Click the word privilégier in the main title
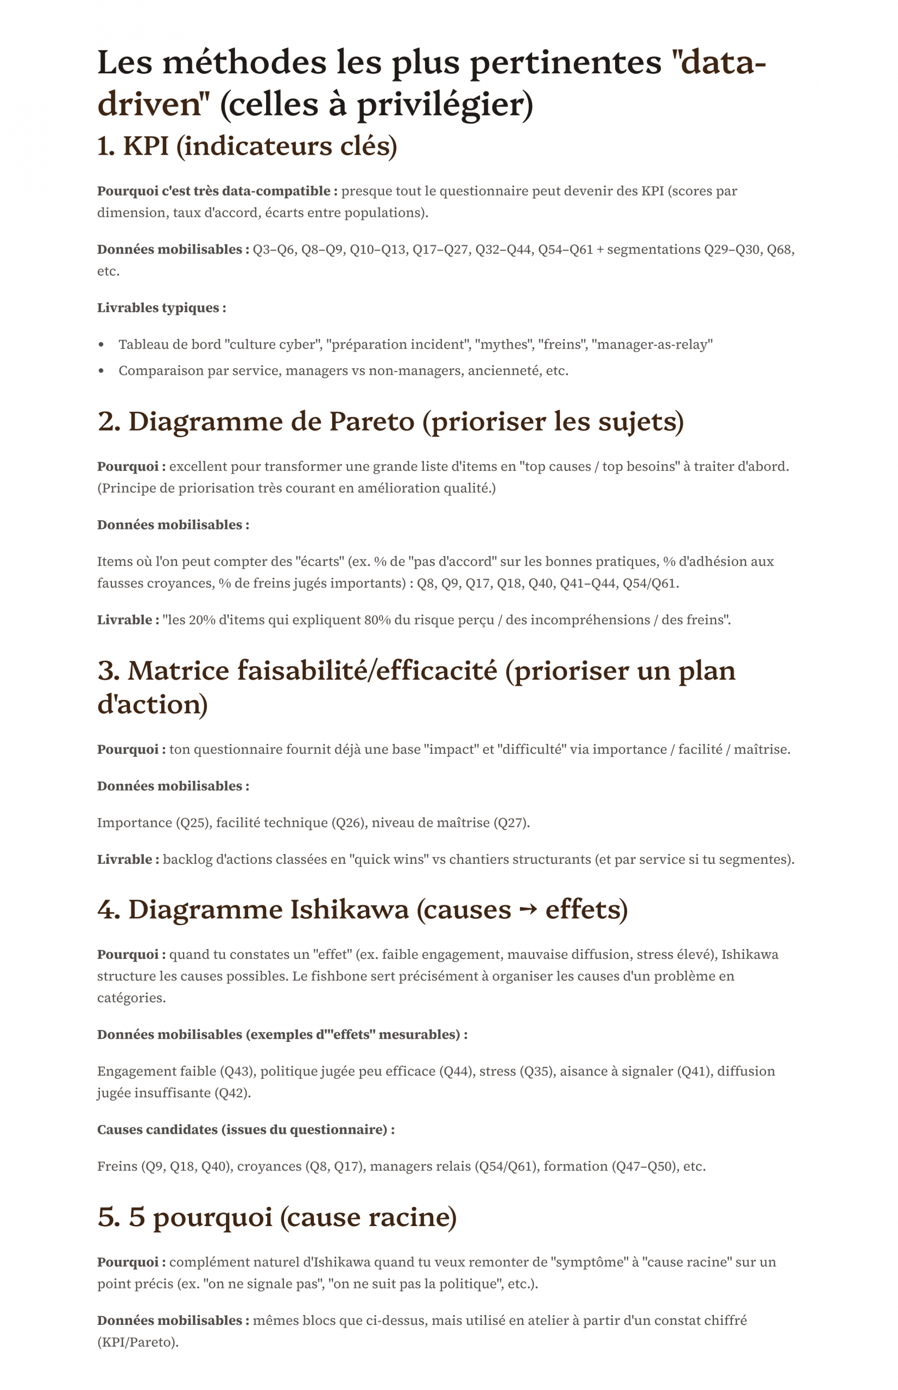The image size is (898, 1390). pyautogui.click(x=440, y=105)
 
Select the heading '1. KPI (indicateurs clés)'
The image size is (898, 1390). pyautogui.click(x=246, y=146)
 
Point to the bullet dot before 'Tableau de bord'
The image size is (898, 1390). pyautogui.click(x=102, y=345)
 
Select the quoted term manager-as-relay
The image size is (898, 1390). pyautogui.click(x=652, y=345)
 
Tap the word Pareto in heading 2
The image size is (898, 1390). pyautogui.click(x=371, y=421)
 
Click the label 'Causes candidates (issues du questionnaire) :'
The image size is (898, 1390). pyautogui.click(x=245, y=1129)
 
